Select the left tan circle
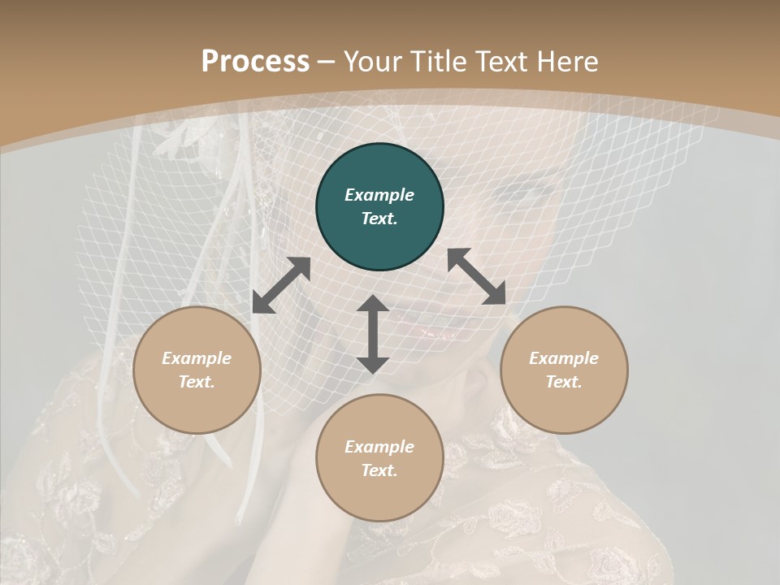tap(197, 370)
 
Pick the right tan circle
tap(564, 370)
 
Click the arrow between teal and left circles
tap(281, 285)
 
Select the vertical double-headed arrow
tap(373, 334)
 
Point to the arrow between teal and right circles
tap(476, 276)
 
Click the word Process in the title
tap(255, 61)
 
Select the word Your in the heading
tap(372, 61)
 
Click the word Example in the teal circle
tap(379, 195)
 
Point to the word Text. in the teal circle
tap(379, 219)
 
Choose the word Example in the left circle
tap(197, 358)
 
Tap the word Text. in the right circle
tap(564, 382)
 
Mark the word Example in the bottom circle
tap(379, 447)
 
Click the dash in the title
tap(327, 62)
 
